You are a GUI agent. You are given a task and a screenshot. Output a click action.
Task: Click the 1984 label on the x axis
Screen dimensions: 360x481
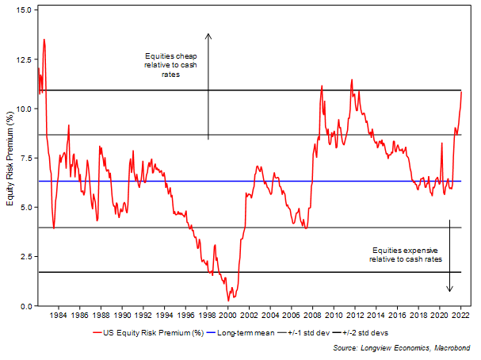pos(58,316)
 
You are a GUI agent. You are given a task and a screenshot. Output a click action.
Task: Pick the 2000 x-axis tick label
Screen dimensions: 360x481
pos(227,316)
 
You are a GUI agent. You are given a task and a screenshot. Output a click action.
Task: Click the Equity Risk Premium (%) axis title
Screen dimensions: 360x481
pos(10,158)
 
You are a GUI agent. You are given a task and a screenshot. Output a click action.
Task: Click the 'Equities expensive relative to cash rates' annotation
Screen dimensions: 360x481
pos(405,254)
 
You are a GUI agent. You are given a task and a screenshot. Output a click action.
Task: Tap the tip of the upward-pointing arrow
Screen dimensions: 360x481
pos(208,33)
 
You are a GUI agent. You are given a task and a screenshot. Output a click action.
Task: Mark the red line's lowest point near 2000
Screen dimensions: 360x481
pos(228,301)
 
